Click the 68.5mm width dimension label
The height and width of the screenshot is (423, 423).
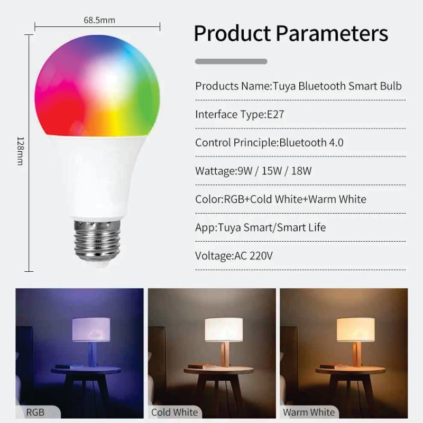click(99, 20)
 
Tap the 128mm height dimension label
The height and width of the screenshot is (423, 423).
click(21, 151)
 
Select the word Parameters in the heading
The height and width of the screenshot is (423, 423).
click(332, 33)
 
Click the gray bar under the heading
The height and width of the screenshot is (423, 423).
click(231, 61)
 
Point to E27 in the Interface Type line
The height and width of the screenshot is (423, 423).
click(275, 114)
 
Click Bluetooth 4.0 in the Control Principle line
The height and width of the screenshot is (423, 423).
click(311, 143)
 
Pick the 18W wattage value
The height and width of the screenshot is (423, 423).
click(301, 171)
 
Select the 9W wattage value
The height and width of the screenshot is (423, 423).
click(245, 171)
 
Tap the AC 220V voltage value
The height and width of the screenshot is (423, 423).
click(254, 256)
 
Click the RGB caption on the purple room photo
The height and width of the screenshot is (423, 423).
click(35, 412)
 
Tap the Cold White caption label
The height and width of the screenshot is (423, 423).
click(174, 412)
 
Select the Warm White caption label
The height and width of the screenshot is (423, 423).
click(309, 412)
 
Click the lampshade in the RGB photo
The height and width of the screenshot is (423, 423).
click(91, 329)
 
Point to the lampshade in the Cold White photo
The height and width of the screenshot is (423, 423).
click(224, 329)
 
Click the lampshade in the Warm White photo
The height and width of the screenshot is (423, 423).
click(355, 329)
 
